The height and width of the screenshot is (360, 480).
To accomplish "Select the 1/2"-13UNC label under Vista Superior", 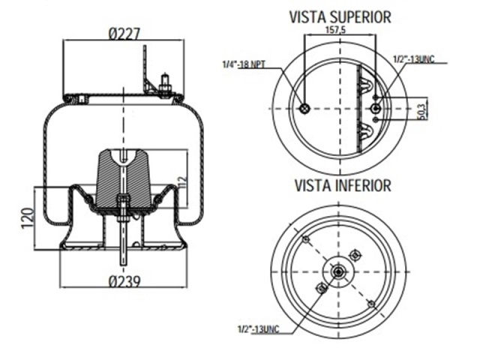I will point(414,58).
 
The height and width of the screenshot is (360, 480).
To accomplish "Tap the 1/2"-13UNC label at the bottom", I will point(259,328).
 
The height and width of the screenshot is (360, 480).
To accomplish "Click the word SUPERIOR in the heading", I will point(362,15).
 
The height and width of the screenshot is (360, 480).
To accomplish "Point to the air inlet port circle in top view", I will point(304,110).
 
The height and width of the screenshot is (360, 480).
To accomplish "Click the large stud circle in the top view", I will point(376,110).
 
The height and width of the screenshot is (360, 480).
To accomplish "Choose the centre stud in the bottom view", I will point(339,271).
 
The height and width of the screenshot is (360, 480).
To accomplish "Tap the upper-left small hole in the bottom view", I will point(305,238).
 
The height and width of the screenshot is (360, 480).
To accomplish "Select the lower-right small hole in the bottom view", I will point(370,304).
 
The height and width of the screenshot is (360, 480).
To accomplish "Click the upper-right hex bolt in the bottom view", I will point(356,254).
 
